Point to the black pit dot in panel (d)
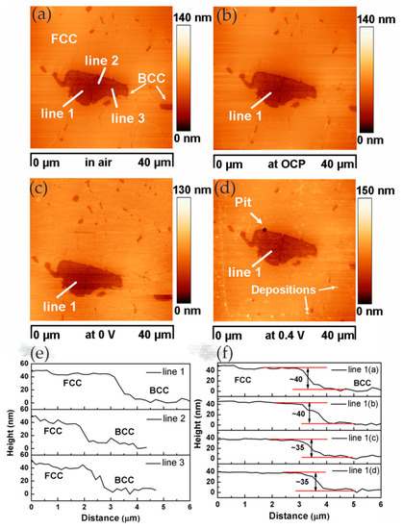(x=263, y=230)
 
